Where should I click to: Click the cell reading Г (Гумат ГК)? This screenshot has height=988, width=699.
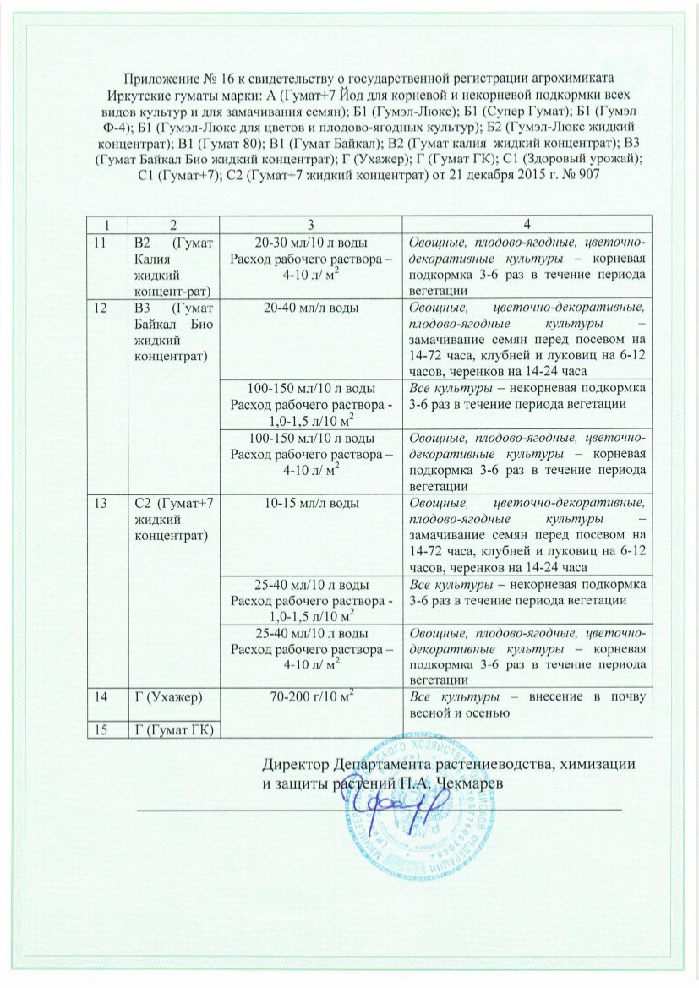(172, 729)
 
